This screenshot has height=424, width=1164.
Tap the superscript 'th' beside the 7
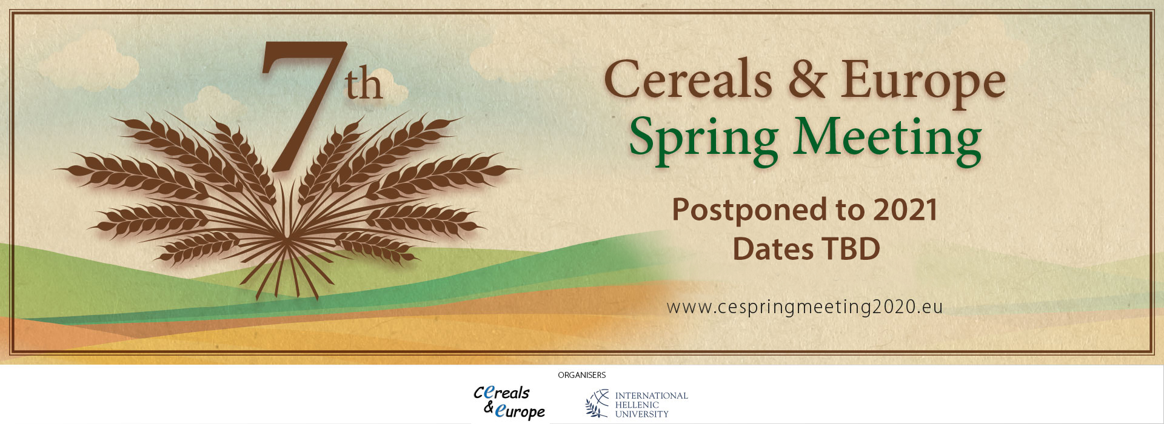click(364, 85)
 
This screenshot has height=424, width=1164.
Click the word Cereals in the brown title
click(688, 80)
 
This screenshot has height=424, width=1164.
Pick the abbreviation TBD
click(851, 249)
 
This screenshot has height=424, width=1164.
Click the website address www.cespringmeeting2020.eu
click(804, 307)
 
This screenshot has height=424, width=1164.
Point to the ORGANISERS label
click(582, 375)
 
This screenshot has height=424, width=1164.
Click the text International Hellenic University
click(652, 405)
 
